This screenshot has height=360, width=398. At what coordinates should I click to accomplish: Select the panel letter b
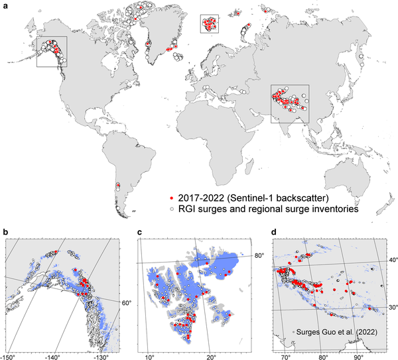tap(6, 231)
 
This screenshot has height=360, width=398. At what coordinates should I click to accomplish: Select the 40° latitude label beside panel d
tap(392, 260)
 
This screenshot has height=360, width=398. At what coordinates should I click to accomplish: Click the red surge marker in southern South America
tap(118, 185)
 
